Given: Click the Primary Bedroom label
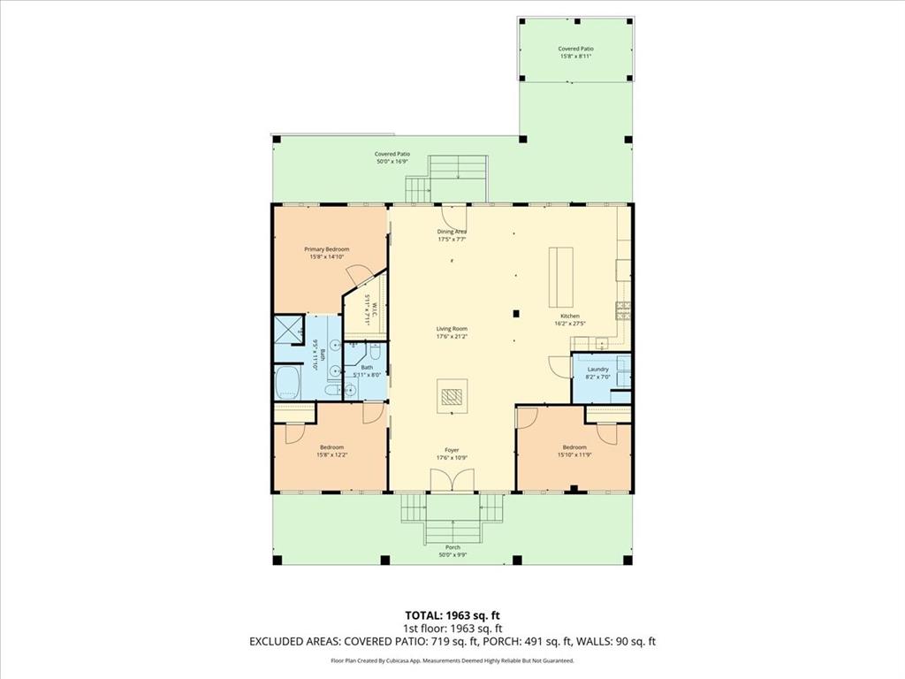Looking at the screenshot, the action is [329, 249].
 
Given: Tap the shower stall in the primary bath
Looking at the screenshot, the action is [289, 329].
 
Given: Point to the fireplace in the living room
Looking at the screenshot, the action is [452, 396].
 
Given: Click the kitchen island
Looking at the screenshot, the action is [560, 275].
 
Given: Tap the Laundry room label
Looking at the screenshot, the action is [598, 369].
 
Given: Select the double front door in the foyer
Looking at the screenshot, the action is [452, 480].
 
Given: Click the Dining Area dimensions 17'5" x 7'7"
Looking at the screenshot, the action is [452, 240].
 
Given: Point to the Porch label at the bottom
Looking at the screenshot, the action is [452, 547].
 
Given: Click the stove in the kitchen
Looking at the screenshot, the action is [624, 309].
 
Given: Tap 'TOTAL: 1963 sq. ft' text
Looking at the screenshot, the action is [452, 614].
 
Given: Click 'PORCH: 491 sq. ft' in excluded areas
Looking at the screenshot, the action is [510, 642].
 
